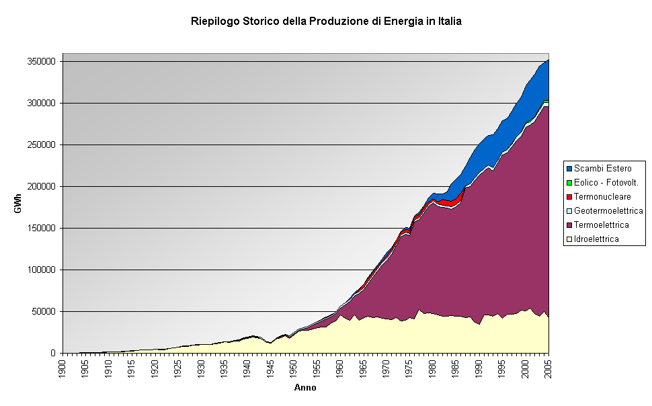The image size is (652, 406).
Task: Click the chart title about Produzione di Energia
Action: point(326,22)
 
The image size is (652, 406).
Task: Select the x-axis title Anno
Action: point(305,388)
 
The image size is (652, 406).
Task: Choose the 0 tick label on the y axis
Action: point(54,354)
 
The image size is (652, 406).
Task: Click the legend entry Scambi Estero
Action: point(602,168)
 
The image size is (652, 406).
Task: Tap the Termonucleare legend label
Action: point(602,196)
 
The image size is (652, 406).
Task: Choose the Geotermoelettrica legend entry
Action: point(608,210)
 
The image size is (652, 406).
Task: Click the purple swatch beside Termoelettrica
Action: point(569,225)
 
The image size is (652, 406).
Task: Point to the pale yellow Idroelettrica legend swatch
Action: point(569,239)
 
